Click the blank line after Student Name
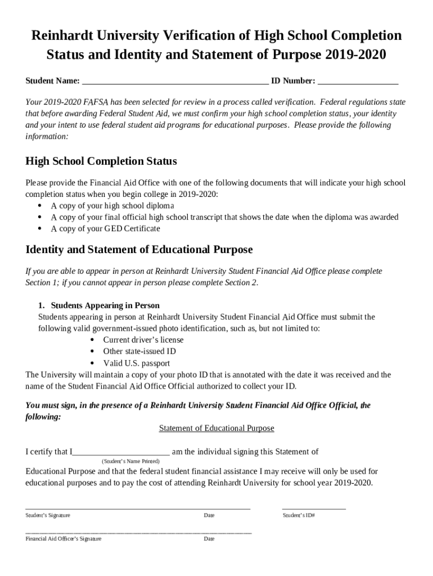pos(175,82)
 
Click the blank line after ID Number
pos(358,82)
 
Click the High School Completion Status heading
pos(101,162)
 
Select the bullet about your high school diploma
pos(112,206)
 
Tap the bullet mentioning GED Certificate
pos(106,229)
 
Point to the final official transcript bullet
pos(224,217)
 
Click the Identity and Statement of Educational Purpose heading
pos(139,250)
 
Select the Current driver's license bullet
pos(143,340)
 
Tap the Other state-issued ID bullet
pos(139,352)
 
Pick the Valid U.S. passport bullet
pos(137,363)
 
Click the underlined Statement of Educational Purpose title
pos(216,429)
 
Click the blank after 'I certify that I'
pos(121,452)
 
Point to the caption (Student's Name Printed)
pos(130,461)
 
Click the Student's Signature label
pos(48,515)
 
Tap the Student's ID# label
pos(299,515)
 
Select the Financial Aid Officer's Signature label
pos(64,539)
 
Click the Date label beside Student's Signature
pos(209,515)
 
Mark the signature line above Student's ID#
pos(314,508)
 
